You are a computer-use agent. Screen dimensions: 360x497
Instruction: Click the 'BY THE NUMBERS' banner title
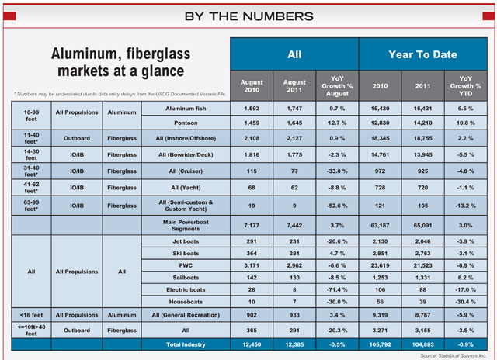[x=248, y=16]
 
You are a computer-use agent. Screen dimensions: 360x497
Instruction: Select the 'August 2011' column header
[x=295, y=87]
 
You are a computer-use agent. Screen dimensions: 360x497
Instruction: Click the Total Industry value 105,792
[x=380, y=344]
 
